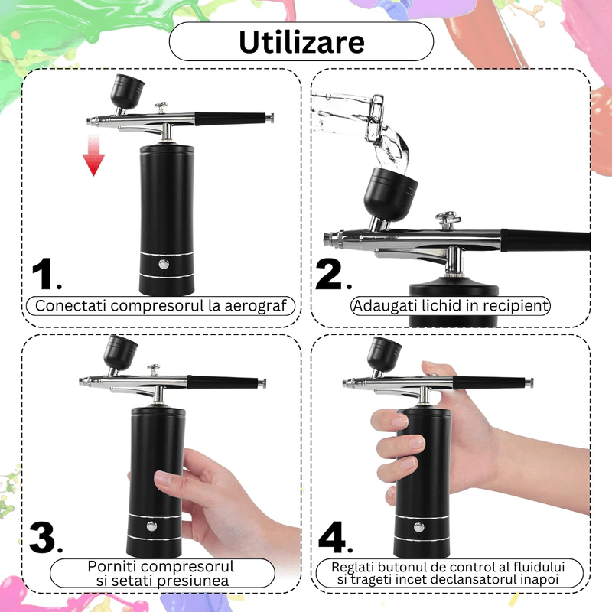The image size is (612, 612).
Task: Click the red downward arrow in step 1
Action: point(93,154)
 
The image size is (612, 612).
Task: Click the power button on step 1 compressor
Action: point(163,265)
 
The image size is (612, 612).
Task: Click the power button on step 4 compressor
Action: point(418,526)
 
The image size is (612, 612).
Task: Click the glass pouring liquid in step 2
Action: point(348,115)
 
